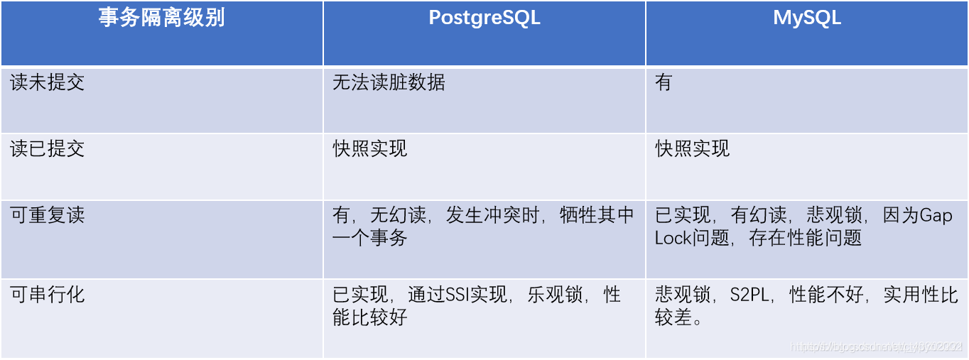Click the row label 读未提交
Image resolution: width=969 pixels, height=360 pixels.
48,83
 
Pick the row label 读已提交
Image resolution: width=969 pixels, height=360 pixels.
48,149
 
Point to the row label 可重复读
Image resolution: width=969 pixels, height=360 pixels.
48,216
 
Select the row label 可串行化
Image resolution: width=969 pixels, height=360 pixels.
48,295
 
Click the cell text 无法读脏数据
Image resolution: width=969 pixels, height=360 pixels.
389,83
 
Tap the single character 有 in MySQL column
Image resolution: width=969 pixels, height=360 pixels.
664,83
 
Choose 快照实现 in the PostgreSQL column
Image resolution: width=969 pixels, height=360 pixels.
370,149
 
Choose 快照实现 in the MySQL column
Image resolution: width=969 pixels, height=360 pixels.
693,149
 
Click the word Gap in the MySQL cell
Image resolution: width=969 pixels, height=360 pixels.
936,216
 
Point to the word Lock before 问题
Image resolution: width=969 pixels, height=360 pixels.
673,239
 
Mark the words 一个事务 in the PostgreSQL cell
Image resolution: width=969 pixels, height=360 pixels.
370,239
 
